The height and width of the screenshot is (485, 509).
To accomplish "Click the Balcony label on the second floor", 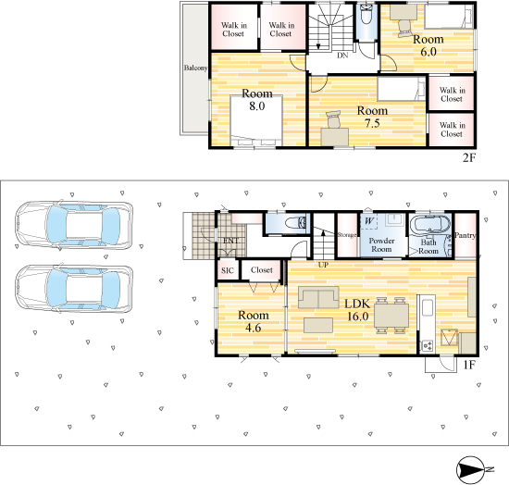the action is tap(195, 68).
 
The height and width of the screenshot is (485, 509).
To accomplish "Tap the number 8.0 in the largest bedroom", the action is tap(256, 106).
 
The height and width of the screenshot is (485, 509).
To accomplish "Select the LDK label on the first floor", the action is tap(357, 304).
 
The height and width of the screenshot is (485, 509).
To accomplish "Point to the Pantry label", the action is tap(466, 235).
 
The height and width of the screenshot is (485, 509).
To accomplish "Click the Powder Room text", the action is tap(381, 244).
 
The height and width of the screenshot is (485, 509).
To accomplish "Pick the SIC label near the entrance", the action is tap(228, 270).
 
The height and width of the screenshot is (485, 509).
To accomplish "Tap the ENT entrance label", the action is tap(230, 241).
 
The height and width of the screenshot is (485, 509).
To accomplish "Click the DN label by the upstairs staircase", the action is tap(342, 56).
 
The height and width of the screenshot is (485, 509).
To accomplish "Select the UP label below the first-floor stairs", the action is tap(323, 265).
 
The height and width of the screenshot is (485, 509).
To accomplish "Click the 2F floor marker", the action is tap(469, 157).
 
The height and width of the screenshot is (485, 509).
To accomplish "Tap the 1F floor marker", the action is tap(469, 365).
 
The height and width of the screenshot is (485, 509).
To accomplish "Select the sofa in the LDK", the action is tap(318, 297).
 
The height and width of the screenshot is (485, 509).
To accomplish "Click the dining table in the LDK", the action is tap(391, 316).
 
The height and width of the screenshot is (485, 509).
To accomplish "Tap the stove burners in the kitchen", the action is tap(427, 346).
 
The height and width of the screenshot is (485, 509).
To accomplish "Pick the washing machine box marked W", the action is tap(368, 221).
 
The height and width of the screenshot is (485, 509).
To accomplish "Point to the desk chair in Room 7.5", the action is tap(334, 119).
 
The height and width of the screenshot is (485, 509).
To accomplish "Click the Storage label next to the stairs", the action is tap(347, 235).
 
